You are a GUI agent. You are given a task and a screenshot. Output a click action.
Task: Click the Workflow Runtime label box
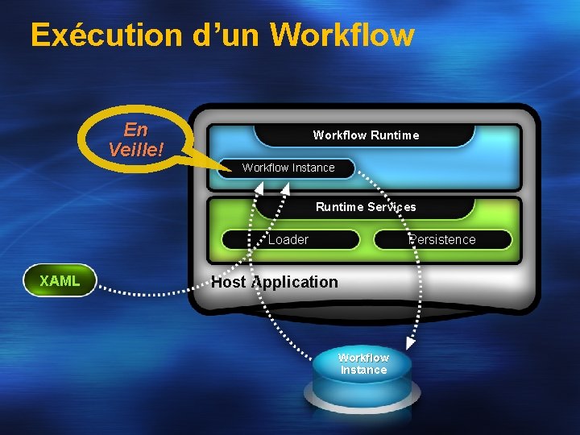(366, 135)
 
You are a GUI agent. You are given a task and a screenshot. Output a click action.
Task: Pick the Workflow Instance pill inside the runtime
(288, 168)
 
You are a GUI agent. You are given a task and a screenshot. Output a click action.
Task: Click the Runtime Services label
(366, 207)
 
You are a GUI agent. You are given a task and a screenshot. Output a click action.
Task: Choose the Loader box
(288, 239)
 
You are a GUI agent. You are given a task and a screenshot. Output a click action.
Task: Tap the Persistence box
(442, 239)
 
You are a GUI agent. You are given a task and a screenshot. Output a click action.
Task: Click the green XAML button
(60, 281)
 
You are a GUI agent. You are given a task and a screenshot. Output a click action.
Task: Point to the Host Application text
(275, 282)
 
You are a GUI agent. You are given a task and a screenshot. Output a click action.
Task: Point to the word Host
(229, 282)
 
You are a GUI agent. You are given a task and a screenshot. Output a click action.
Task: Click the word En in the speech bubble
(136, 129)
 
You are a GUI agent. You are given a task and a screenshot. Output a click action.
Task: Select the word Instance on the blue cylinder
(363, 370)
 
